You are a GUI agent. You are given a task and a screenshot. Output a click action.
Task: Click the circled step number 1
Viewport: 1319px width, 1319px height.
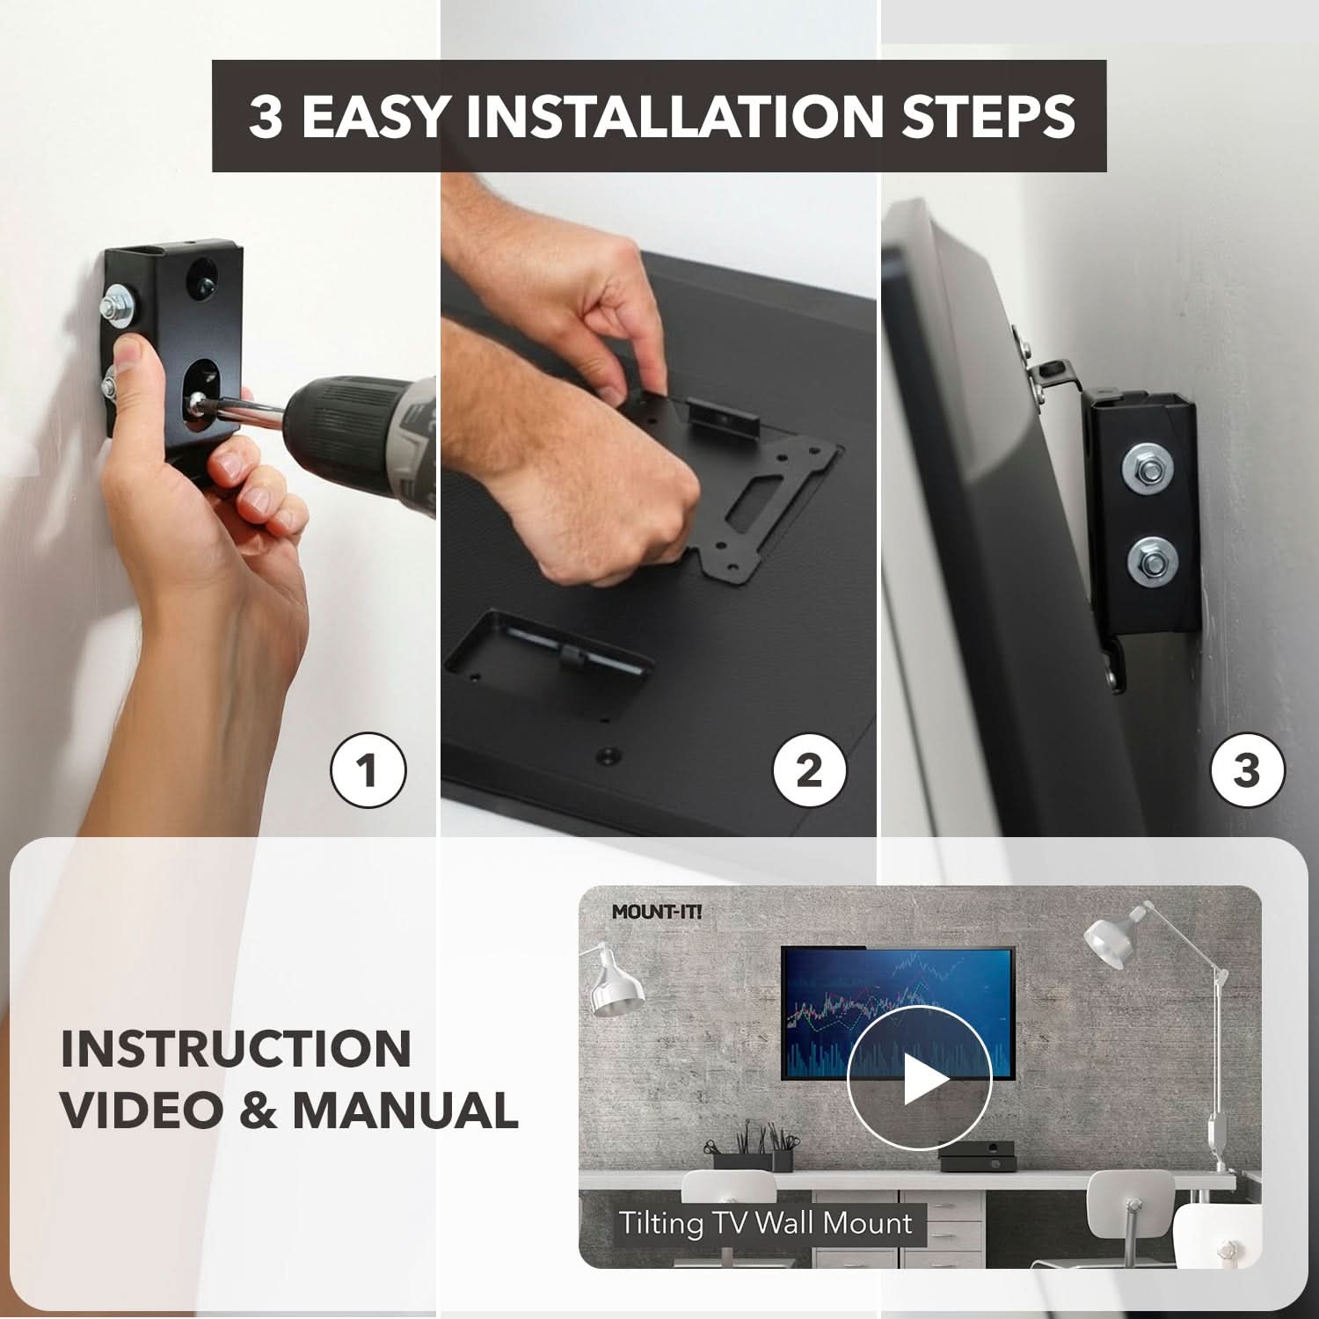point(368,771)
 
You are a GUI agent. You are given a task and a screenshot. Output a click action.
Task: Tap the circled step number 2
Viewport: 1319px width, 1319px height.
point(809,771)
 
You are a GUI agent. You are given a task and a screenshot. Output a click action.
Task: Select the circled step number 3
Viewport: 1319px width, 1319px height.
point(1247,771)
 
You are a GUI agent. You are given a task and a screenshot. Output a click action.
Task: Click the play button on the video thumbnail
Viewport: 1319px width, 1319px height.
point(919,1079)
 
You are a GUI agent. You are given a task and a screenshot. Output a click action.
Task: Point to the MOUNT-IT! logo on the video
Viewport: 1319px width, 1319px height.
point(657,912)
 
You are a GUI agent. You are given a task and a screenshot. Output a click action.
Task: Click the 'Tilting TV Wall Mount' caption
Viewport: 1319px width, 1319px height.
point(765,1223)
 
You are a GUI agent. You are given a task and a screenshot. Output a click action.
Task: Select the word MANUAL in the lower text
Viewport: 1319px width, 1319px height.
point(404,1110)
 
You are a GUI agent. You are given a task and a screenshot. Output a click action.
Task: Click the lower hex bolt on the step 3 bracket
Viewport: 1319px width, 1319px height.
point(1148,557)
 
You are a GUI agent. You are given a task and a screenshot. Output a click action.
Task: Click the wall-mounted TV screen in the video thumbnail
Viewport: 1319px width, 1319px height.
point(898,1013)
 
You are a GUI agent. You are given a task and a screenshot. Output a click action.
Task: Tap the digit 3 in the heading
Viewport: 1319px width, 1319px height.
point(265,115)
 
